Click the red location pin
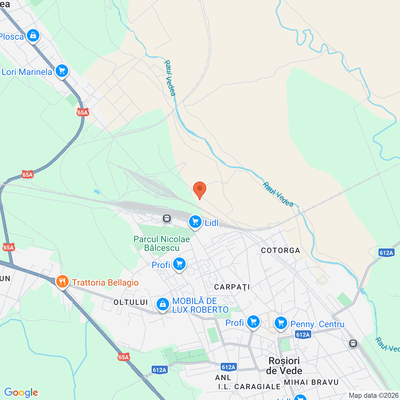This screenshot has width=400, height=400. [x=199, y=189]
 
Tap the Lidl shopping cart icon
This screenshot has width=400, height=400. [x=195, y=222]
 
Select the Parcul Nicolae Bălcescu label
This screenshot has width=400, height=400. [x=162, y=243]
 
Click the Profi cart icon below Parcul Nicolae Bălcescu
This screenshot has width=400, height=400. [x=179, y=264]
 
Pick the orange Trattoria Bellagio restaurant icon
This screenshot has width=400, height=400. [x=62, y=282]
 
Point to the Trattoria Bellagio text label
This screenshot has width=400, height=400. [x=105, y=282]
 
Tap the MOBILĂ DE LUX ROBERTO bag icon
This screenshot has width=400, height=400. [x=162, y=304]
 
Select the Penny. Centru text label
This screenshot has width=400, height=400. [x=317, y=324]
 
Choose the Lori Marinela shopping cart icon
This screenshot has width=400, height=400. [x=62, y=71]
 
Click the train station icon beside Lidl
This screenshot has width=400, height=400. [x=167, y=218]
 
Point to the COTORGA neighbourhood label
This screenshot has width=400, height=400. [x=280, y=250]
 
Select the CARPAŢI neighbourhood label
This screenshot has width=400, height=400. [x=232, y=287]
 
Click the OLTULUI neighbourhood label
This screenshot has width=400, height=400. [x=131, y=302]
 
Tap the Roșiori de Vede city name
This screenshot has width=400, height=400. [x=284, y=366]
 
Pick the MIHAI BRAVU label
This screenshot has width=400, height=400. [x=311, y=382]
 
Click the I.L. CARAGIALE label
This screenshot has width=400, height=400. [x=249, y=387]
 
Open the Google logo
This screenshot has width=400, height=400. [x=21, y=392]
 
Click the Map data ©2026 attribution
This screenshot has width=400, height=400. [x=373, y=395]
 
